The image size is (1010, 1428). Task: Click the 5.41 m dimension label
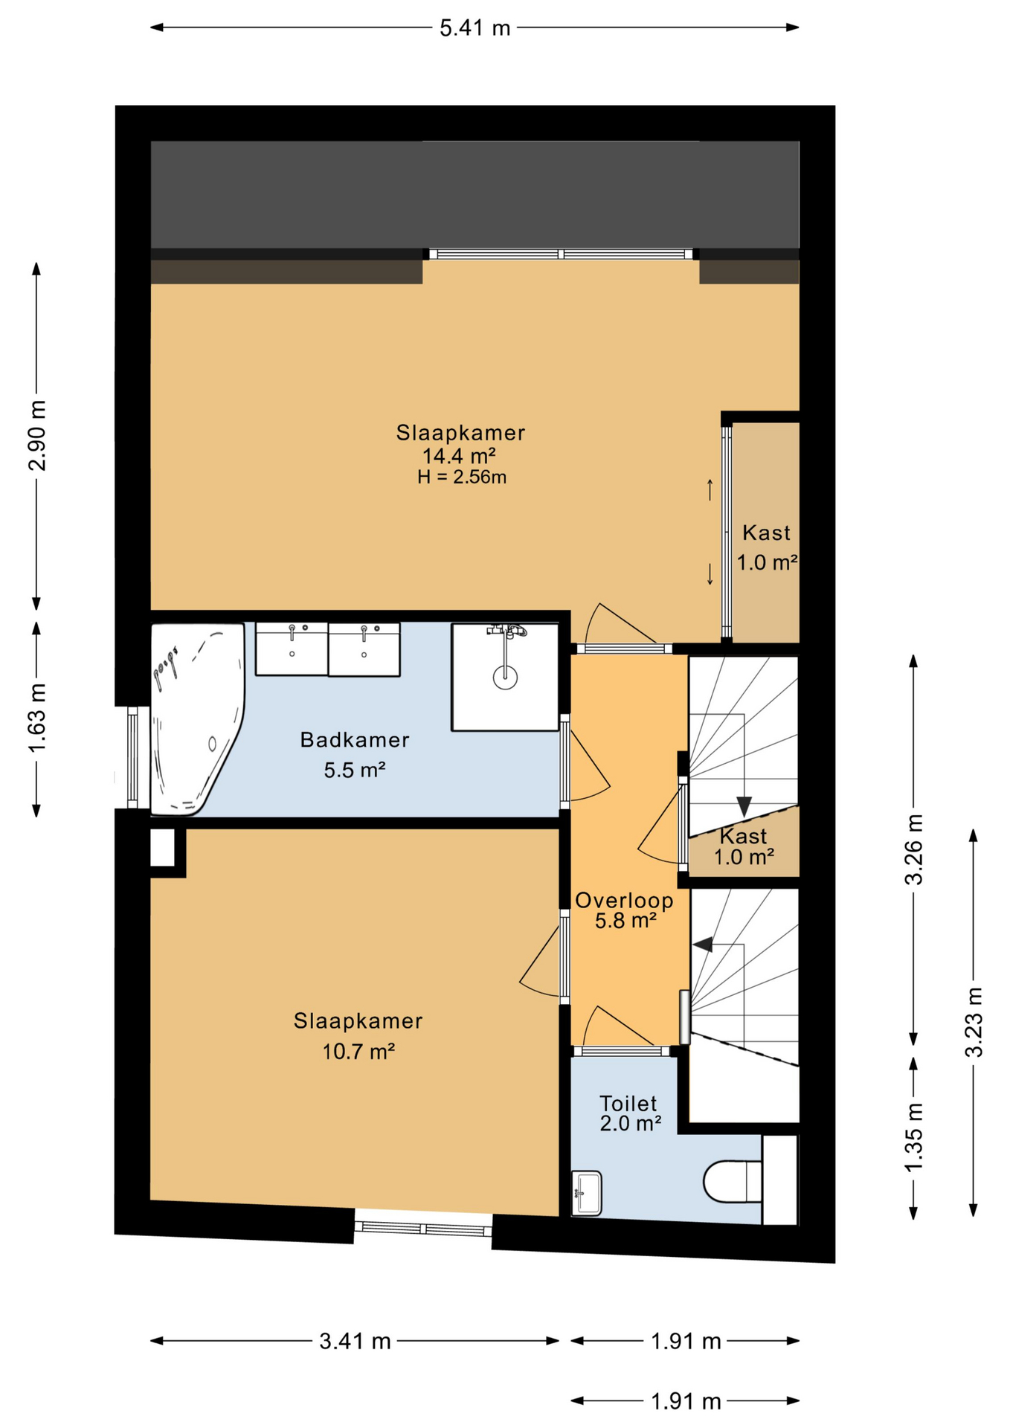[475, 28]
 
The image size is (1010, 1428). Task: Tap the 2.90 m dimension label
[37, 436]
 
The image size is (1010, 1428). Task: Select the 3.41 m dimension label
[355, 1341]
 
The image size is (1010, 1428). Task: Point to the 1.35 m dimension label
[913, 1138]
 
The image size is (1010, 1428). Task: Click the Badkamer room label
[355, 740]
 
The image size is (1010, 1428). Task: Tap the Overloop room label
[624, 900]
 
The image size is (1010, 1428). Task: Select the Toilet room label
[628, 1104]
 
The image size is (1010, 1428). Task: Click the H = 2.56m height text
[462, 477]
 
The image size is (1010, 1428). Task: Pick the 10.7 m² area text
[358, 1052]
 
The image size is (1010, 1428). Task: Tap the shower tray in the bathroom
[505, 677]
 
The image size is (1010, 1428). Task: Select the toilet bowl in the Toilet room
[733, 1182]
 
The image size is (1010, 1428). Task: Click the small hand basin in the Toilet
[587, 1193]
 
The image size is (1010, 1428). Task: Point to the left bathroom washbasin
[292, 649]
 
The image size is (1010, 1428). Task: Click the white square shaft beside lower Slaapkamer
[163, 847]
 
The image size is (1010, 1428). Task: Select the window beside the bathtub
[132, 757]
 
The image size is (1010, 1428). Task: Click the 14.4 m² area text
[459, 456]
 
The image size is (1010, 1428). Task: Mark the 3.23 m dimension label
[974, 1022]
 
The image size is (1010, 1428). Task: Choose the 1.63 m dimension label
[37, 718]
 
